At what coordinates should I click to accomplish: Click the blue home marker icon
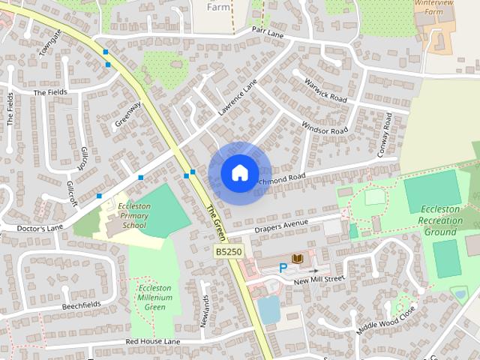pos(239,172)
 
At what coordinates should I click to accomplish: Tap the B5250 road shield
pos(228,252)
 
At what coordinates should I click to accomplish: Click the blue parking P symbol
pos(283,267)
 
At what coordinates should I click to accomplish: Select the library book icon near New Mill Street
pos(297,258)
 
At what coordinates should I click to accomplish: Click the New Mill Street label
pos(318,279)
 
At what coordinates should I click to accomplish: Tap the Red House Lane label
pos(153,341)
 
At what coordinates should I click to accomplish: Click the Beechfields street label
pos(82,307)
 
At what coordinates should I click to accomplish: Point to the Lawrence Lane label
pos(237,98)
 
